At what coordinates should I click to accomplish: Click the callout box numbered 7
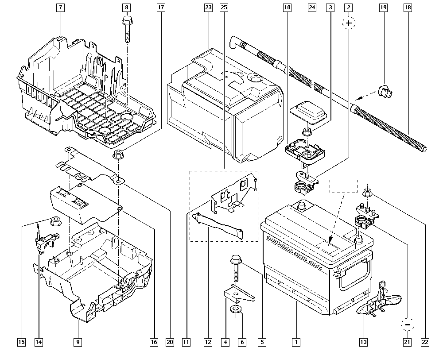click(60, 8)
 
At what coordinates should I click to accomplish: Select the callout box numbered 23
click(208, 8)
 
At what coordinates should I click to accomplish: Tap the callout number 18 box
click(407, 8)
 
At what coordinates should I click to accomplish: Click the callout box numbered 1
click(295, 342)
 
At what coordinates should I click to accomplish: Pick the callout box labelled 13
click(363, 342)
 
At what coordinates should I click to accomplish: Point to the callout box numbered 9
click(78, 342)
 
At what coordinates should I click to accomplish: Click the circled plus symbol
click(349, 23)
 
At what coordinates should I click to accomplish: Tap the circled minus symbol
click(408, 324)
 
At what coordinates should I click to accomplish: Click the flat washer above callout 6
click(235, 308)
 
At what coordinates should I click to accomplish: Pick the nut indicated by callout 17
click(118, 155)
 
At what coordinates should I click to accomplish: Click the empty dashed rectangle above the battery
click(343, 186)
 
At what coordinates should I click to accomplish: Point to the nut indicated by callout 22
click(367, 192)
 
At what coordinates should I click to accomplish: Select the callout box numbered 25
click(223, 8)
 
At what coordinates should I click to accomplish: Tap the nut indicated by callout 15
click(56, 220)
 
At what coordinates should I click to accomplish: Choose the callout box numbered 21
click(407, 342)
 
